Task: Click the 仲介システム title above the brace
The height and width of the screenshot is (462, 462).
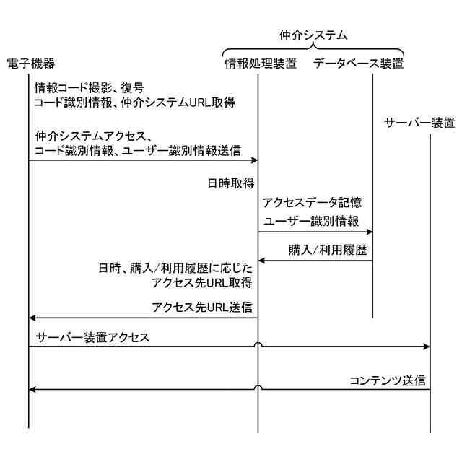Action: coord(313,34)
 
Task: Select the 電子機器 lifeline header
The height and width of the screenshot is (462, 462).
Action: coord(30,64)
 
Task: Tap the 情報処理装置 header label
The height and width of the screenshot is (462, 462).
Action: coord(260,64)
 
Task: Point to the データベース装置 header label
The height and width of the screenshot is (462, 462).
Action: coord(358,64)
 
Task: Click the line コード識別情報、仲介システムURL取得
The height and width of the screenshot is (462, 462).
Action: coord(134,103)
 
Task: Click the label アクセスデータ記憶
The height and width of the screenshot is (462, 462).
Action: coord(312,203)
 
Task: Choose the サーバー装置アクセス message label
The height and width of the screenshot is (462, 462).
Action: coord(92,337)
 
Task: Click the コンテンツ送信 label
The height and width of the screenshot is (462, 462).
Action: coord(387,380)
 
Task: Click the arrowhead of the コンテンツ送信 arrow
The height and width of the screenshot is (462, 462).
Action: coord(32,390)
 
